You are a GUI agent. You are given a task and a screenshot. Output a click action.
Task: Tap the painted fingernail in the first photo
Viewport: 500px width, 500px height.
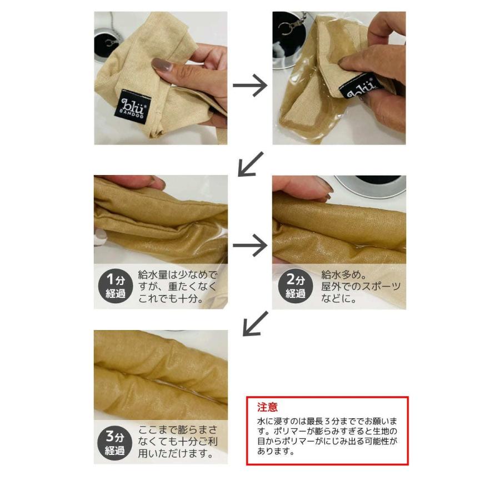coord(162,64)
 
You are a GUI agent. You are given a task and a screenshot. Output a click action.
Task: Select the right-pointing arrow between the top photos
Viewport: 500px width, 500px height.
coord(250,86)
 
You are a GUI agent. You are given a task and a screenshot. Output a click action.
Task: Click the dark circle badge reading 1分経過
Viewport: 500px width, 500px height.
coord(115,286)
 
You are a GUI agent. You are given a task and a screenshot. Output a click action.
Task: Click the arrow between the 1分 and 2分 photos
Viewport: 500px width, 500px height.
coord(250,245)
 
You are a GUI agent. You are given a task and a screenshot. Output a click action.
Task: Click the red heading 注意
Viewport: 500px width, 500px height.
coord(268,407)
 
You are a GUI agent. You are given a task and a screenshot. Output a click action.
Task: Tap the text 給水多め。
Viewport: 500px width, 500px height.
coord(343,274)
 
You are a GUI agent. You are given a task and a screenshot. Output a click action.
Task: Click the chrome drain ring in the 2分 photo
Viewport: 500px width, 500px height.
coord(372,187)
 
